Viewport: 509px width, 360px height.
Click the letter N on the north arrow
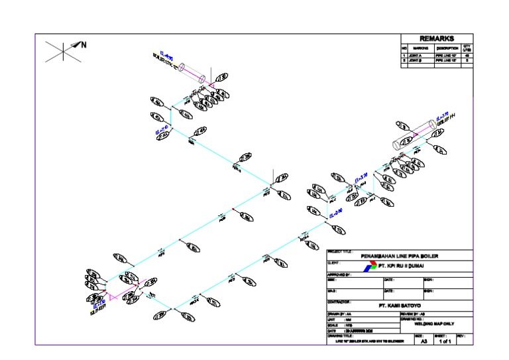point(84,45)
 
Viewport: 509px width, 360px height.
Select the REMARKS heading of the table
point(436,38)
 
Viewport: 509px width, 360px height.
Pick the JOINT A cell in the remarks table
point(420,54)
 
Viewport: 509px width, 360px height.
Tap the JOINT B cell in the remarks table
point(420,60)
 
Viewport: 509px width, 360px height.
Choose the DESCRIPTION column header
point(447,48)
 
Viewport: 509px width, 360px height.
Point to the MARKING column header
point(420,48)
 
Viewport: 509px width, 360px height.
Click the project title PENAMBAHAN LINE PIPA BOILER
point(400,256)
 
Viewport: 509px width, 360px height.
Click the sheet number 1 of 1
point(443,341)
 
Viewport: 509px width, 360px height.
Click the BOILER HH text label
point(447,120)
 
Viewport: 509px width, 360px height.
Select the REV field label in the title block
point(461,336)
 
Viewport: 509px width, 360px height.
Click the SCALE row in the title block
point(345,325)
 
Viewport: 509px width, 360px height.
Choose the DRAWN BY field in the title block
point(345,314)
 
